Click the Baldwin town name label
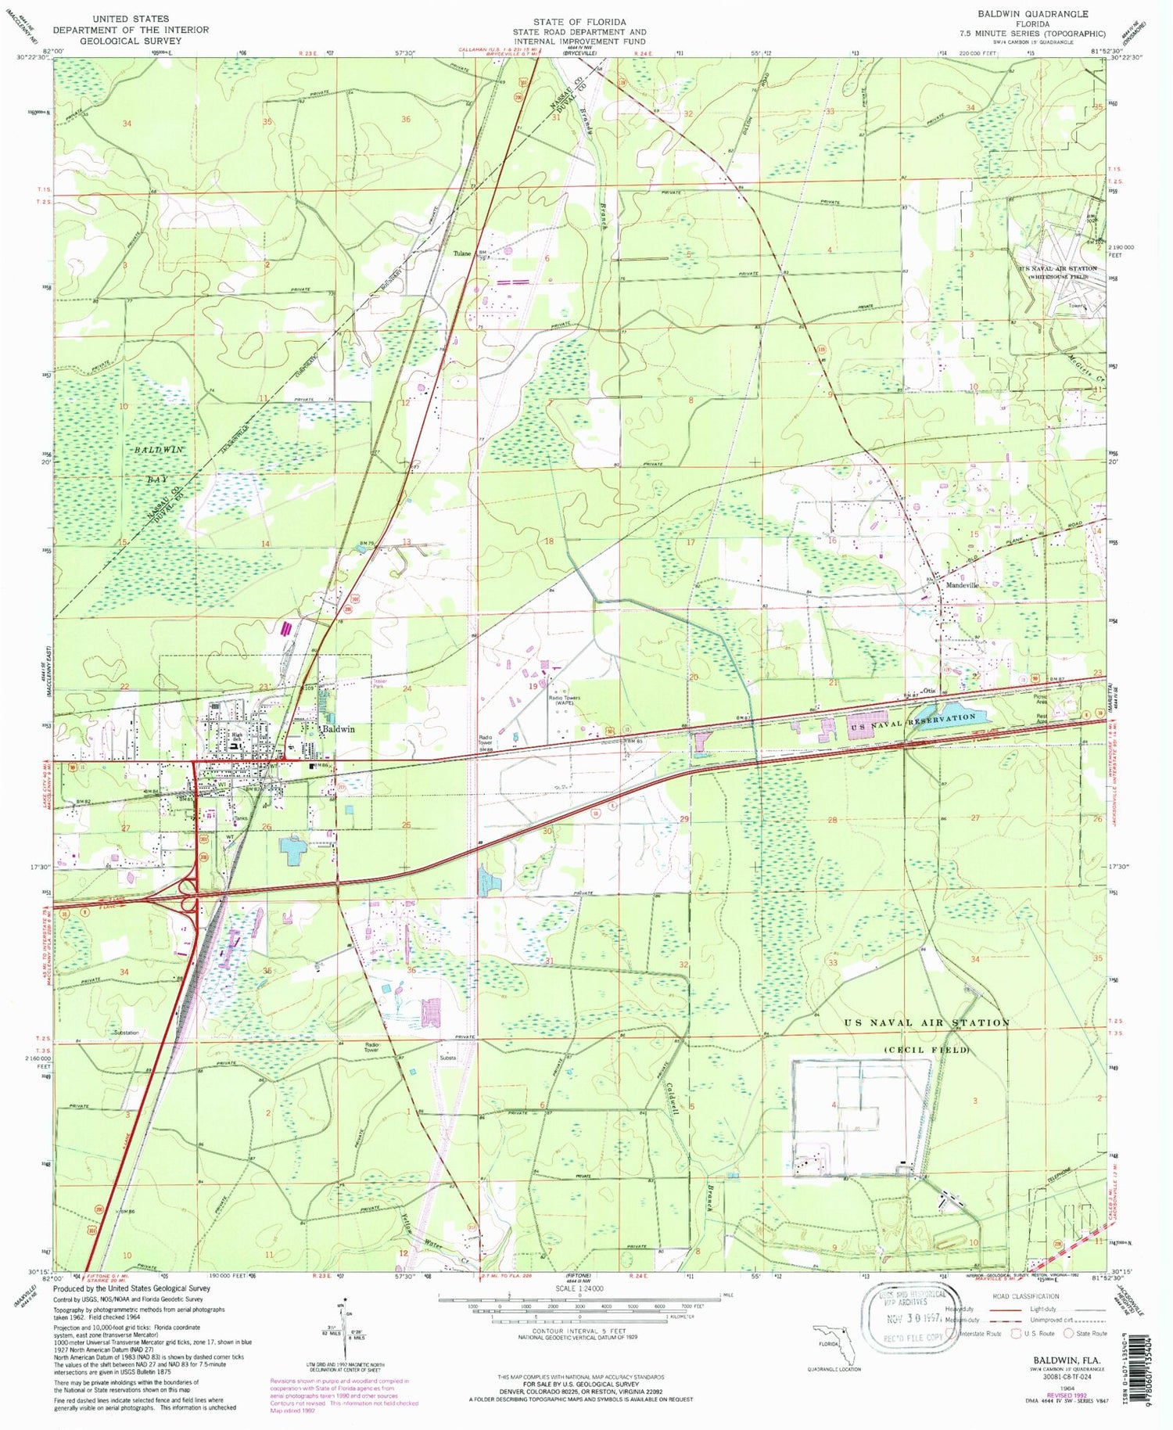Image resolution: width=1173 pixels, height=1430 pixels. (x=339, y=728)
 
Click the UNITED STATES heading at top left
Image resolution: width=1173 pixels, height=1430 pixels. (x=130, y=17)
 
